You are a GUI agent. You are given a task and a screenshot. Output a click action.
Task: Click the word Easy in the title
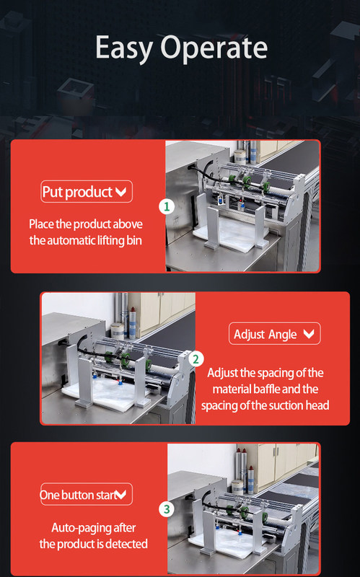124,48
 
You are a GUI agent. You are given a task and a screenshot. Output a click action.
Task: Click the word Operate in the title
214,47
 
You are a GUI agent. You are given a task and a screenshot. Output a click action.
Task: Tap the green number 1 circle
167,206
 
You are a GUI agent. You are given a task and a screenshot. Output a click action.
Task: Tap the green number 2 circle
196,358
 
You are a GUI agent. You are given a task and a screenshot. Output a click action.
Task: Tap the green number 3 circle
167,509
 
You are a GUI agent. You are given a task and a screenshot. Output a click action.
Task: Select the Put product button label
77,192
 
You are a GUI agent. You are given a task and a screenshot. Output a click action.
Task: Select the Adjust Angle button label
265,334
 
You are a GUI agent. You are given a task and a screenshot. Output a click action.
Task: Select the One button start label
79,495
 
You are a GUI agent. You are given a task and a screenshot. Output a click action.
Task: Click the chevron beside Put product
120,192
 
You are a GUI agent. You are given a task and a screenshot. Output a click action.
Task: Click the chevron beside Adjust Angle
309,333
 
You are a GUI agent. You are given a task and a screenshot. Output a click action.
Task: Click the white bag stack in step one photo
231,234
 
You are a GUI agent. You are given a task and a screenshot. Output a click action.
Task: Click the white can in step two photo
118,331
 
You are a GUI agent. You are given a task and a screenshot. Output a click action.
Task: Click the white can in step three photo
237,486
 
